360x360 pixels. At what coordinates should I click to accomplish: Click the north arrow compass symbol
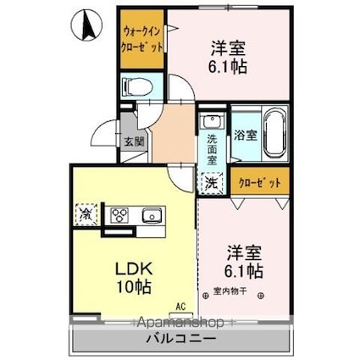[x=85, y=25]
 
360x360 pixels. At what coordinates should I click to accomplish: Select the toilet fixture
[x=136, y=86]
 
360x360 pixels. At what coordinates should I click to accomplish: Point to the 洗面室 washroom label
[x=213, y=149]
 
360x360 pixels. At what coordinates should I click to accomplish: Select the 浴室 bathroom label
[x=245, y=134]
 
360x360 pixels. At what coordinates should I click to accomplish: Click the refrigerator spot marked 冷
[x=85, y=213]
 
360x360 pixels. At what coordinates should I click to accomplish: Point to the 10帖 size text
[x=132, y=288]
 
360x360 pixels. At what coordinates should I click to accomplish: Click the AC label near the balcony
[x=180, y=306]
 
